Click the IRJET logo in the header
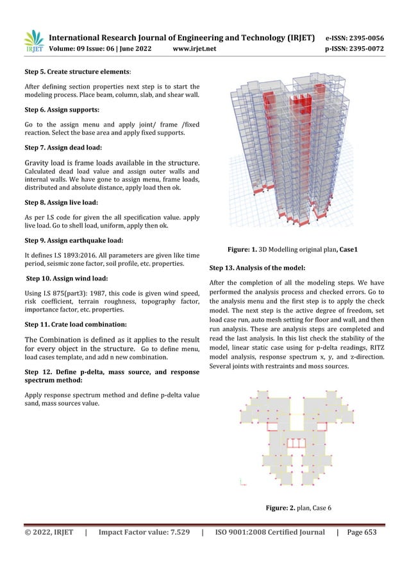coord(34,42)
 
